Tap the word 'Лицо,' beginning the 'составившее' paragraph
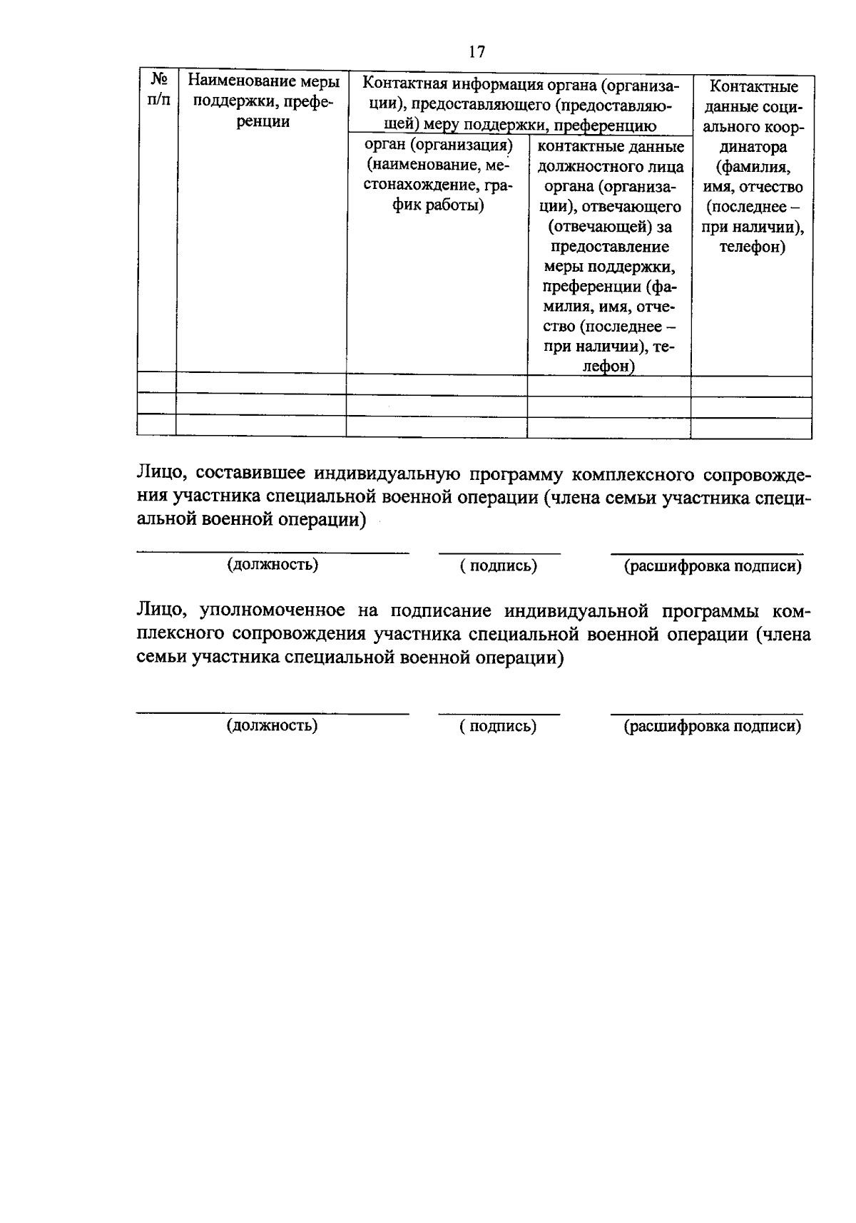[x=161, y=474]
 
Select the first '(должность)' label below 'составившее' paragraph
[x=272, y=565]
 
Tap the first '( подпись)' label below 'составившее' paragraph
[x=499, y=566]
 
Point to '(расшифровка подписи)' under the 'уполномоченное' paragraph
[x=712, y=726]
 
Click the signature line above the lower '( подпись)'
[x=499, y=713]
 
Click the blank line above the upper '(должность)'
[x=272, y=552]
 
